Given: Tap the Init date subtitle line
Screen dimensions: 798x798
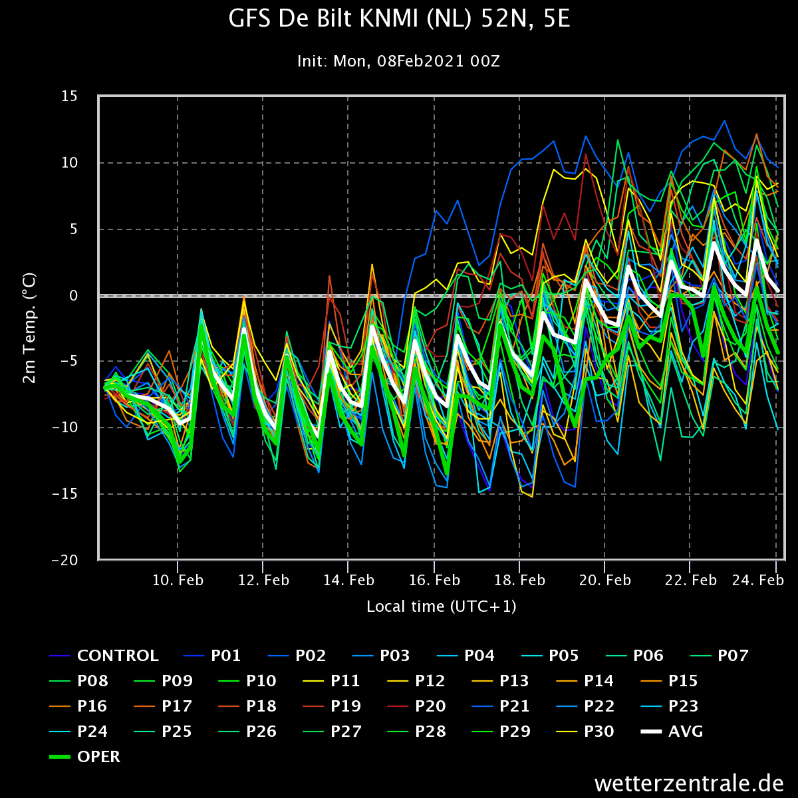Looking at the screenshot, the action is [398, 61].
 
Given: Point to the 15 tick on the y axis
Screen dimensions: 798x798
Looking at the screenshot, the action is [70, 96].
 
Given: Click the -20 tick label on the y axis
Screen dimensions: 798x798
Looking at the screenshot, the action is [65, 561].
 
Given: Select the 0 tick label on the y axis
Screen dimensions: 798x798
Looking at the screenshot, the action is [74, 296].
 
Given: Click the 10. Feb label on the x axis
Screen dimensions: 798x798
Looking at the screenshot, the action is [178, 580].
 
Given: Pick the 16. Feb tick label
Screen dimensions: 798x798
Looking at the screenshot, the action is [434, 580].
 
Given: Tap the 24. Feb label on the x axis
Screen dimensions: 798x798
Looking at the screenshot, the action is [758, 580].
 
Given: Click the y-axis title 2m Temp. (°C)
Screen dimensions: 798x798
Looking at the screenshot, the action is [29, 328].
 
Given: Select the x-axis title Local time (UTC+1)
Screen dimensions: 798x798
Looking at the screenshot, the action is [442, 606].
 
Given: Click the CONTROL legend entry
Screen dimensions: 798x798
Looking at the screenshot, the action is [104, 656].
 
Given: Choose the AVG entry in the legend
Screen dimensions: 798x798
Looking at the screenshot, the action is [672, 731].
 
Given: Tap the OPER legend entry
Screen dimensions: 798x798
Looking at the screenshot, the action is [84, 757].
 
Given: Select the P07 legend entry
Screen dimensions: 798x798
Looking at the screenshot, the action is [720, 656].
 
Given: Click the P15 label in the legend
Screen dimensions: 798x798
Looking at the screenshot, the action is [669, 681].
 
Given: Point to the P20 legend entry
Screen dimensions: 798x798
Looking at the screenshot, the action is [416, 706].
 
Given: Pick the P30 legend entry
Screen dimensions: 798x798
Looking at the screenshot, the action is [585, 731].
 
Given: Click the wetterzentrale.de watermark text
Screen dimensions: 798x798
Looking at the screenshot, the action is [689, 783].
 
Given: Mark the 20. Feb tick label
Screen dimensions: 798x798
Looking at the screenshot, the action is [604, 580].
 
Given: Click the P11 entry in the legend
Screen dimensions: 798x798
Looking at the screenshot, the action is [331, 681].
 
